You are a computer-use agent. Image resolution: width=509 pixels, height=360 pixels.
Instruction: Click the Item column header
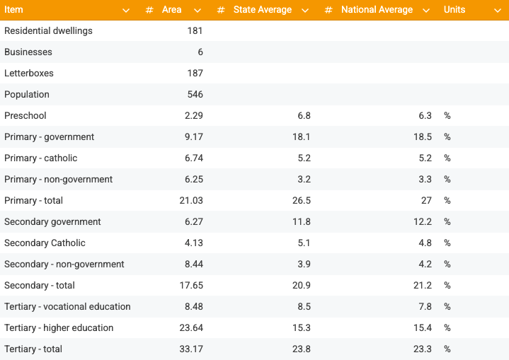[14, 10]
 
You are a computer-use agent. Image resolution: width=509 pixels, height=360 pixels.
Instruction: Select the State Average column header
[262, 10]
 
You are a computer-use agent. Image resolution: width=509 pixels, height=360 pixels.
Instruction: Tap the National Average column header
[377, 10]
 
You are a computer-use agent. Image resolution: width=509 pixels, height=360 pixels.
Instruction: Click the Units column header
[454, 10]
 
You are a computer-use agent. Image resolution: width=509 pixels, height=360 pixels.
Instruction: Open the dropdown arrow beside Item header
[126, 10]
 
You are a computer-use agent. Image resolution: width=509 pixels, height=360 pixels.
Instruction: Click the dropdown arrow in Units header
[498, 10]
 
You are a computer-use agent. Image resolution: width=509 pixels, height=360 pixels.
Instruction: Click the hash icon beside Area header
[149, 10]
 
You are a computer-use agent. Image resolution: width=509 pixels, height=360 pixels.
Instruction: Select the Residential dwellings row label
[48, 31]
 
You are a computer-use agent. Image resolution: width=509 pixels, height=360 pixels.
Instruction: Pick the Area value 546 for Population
[195, 95]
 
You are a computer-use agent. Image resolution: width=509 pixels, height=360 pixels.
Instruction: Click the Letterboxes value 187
[195, 74]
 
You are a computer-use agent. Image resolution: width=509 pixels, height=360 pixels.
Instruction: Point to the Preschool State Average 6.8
[304, 116]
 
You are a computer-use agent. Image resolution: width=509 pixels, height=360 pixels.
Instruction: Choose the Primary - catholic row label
[41, 158]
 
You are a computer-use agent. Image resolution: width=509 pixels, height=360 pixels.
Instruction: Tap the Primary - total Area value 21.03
[191, 201]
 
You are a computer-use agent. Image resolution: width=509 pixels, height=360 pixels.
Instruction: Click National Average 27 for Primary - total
[425, 201]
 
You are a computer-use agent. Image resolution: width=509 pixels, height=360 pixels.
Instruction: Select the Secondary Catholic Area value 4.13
[193, 243]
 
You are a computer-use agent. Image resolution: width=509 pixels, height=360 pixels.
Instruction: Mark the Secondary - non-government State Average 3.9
[304, 265]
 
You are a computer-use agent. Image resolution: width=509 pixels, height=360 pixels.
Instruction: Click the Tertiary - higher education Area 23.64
[191, 328]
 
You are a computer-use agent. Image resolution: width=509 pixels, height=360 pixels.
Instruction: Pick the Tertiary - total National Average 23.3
[423, 349]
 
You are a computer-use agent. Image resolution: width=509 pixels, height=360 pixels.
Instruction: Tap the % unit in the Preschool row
[447, 116]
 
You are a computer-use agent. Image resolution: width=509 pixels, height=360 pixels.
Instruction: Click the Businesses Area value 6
[200, 52]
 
